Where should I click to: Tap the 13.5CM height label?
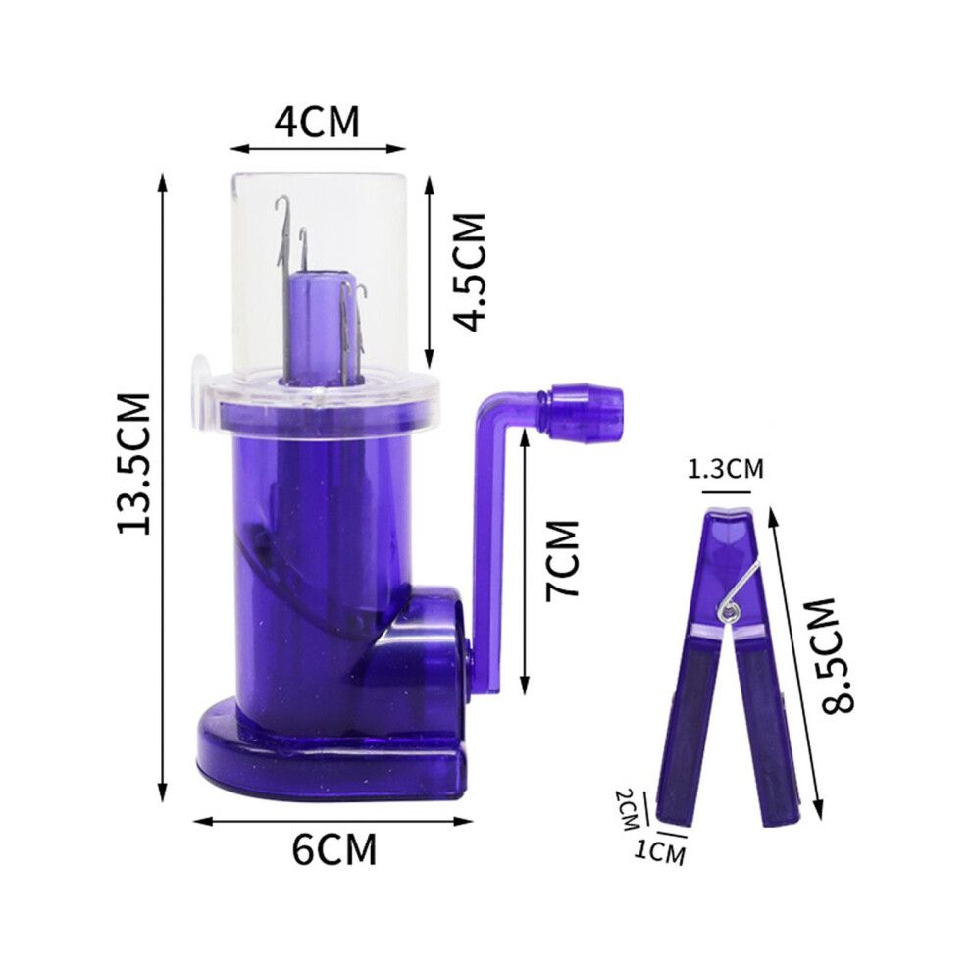click(x=133, y=463)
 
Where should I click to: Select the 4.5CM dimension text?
click(x=469, y=272)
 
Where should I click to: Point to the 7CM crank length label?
click(x=562, y=559)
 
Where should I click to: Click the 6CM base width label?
click(x=334, y=849)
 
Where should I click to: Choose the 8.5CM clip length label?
click(x=838, y=655)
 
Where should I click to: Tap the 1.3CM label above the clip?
click(x=726, y=469)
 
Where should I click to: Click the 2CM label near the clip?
click(x=627, y=809)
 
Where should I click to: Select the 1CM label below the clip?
click(x=659, y=852)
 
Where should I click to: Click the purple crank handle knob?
click(x=584, y=414)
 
